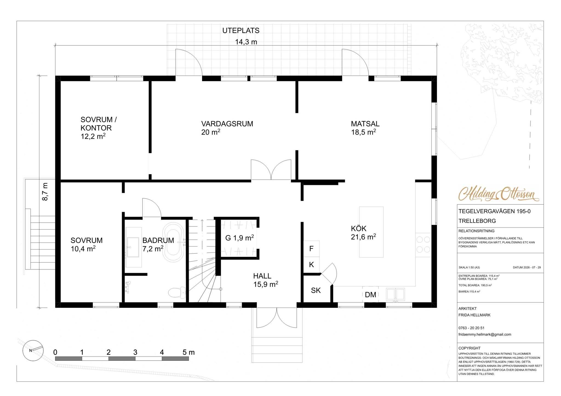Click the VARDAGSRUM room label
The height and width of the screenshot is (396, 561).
point(227,124)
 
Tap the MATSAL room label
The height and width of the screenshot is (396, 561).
point(365,124)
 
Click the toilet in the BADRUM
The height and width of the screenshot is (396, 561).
point(177,292)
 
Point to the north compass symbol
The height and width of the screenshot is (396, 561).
point(33,351)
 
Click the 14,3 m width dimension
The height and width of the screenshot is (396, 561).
point(246,42)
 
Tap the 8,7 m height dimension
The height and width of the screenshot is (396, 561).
point(45,192)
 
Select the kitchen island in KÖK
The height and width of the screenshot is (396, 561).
point(371,232)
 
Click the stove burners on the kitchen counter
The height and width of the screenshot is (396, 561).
point(423,245)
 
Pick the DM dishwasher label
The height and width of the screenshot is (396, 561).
point(370,295)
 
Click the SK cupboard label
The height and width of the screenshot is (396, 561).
point(316,290)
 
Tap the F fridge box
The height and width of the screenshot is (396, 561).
point(311,249)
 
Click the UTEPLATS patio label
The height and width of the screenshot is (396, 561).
point(241,30)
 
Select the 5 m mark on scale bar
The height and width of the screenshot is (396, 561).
point(188,352)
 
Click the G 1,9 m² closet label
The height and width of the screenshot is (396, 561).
point(239,238)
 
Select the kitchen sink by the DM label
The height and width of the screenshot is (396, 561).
point(395,295)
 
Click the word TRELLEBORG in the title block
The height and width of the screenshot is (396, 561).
point(477,221)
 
